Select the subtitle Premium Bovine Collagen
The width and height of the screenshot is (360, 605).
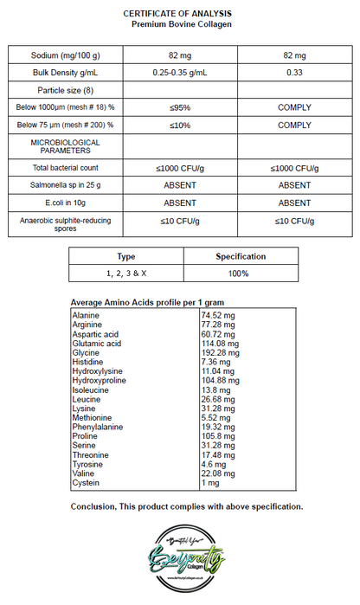[182, 24]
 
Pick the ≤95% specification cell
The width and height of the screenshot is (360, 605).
[180, 107]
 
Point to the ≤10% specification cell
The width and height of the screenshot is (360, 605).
[180, 126]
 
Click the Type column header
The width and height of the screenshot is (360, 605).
[126, 256]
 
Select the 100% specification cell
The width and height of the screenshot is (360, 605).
[240, 274]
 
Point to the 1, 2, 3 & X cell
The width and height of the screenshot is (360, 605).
[126, 274]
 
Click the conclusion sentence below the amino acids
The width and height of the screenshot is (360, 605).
[186, 505]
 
